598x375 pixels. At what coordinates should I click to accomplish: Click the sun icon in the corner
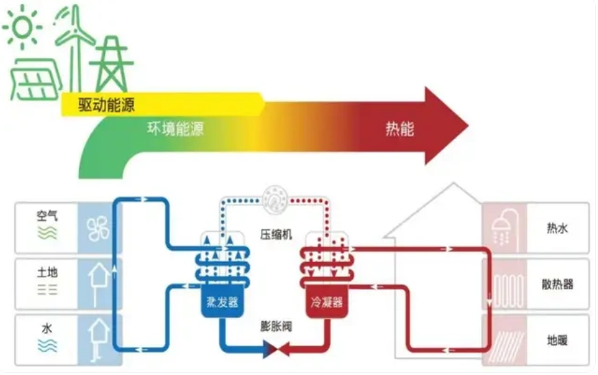coord(21,25)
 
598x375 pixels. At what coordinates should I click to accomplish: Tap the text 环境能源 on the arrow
coord(174,128)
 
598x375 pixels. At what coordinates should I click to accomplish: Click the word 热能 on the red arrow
coord(400,128)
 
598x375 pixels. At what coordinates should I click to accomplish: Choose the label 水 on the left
coord(47,328)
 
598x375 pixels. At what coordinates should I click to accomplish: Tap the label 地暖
coord(556,340)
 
